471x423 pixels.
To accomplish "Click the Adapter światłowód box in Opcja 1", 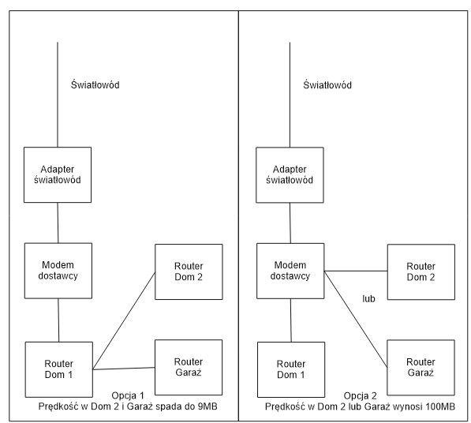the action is pos(58,175).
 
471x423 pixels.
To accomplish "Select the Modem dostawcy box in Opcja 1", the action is pos(58,271).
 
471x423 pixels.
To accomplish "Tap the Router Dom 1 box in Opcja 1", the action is pos(59,369).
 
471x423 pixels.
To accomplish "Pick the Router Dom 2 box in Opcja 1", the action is pos(189,272).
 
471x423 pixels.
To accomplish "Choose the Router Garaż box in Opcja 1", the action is pos(189,368).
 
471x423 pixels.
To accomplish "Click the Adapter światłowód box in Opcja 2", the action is pos(290,175).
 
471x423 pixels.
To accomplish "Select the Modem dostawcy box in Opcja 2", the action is pos(290,271).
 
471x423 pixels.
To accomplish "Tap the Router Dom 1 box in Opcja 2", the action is pos(291,369).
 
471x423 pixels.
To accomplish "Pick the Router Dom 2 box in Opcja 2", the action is pos(421,272).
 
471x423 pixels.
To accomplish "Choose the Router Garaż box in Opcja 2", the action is pos(421,368).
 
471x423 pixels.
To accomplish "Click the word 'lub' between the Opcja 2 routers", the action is pos(368,298).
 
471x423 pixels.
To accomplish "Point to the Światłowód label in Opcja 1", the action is pos(95,84).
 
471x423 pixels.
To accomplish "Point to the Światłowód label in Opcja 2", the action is pos(327,84).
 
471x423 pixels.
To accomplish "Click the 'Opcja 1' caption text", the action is pos(128,395).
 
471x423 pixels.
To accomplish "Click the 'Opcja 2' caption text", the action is pos(361,395).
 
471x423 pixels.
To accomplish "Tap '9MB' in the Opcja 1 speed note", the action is pos(207,406).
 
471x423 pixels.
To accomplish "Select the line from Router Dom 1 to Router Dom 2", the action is pos(124,320).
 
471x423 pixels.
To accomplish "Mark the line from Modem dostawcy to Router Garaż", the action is pos(356,320).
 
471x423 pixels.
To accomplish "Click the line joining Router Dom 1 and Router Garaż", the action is pos(124,369).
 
